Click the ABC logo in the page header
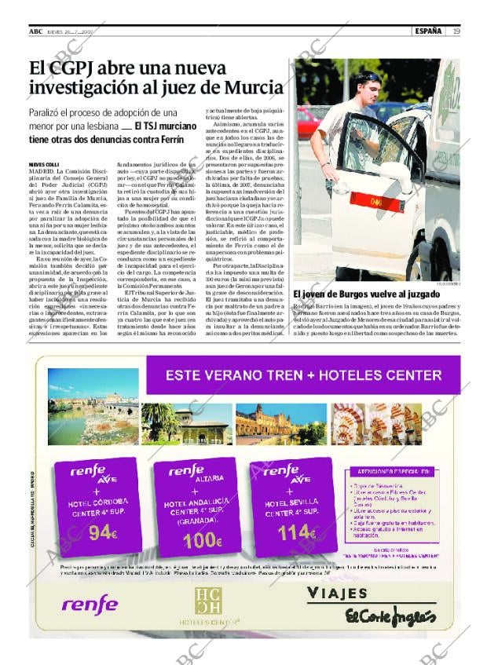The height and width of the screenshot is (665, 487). [x=35, y=31]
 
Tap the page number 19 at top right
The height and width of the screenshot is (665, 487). [x=456, y=31]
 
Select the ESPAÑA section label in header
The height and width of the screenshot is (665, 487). [x=429, y=31]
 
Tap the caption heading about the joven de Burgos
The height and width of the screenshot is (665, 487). [x=366, y=295]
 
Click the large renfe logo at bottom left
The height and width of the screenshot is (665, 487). [x=90, y=605]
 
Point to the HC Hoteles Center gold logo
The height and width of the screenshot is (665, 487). [x=208, y=603]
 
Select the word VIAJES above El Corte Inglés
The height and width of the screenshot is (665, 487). [x=337, y=593]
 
